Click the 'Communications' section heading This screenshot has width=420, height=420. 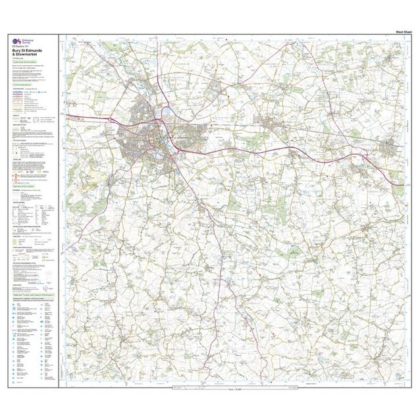coord(27,84)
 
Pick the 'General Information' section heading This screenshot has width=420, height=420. coord(30,186)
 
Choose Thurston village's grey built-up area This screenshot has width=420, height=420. coord(269,122)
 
